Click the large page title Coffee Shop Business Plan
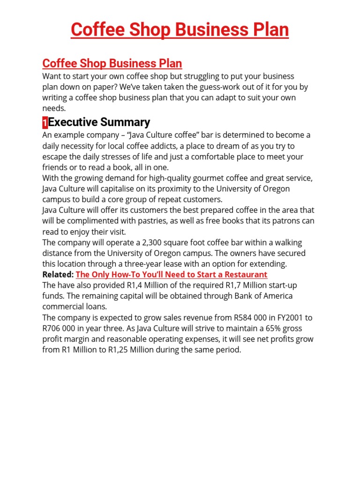coord(180,30)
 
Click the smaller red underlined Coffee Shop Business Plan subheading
coord(112,63)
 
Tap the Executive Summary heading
coord(99,122)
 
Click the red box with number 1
coord(45,123)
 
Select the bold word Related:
coord(58,274)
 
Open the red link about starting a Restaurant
coord(172,274)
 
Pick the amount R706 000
coord(61,328)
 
